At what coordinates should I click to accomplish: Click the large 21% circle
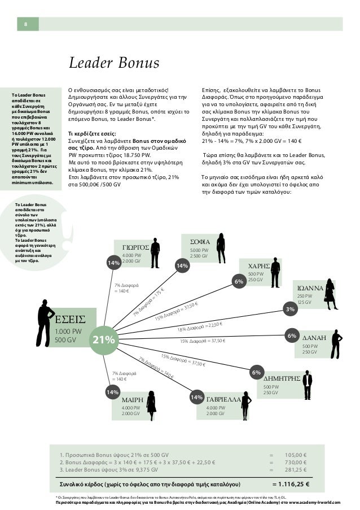[104, 339]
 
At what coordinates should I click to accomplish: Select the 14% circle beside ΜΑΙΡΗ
[112, 392]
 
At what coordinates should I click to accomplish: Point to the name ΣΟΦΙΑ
[200, 241]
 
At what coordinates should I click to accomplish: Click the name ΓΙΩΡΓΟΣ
[135, 247]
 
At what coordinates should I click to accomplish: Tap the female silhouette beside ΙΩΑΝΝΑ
[329, 294]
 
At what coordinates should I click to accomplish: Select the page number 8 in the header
[25, 24]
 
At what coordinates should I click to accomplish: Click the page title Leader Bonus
[114, 63]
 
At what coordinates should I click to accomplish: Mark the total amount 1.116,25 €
[294, 484]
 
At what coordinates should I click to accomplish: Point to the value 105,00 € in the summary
[296, 454]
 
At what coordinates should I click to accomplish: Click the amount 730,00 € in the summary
[296, 462]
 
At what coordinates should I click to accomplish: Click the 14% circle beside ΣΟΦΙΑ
[182, 266]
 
